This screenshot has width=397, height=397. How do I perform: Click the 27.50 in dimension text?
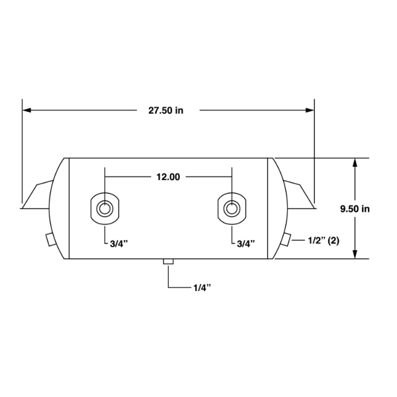pyautogui.click(x=166, y=110)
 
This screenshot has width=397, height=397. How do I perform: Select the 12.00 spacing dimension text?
pyautogui.click(x=168, y=177)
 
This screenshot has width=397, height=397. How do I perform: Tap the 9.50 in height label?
pyautogui.click(x=355, y=209)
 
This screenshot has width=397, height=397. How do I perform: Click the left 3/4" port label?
pyautogui.click(x=119, y=243)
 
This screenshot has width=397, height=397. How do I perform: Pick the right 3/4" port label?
pyautogui.click(x=246, y=243)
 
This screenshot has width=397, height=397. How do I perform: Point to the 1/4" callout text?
pyautogui.click(x=202, y=288)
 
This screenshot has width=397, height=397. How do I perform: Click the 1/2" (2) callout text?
pyautogui.click(x=324, y=240)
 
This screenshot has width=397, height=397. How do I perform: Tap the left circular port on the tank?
pyautogui.click(x=105, y=208)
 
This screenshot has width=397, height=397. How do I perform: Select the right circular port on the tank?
pyautogui.click(x=232, y=208)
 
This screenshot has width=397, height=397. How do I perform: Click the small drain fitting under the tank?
pyautogui.click(x=168, y=261)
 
